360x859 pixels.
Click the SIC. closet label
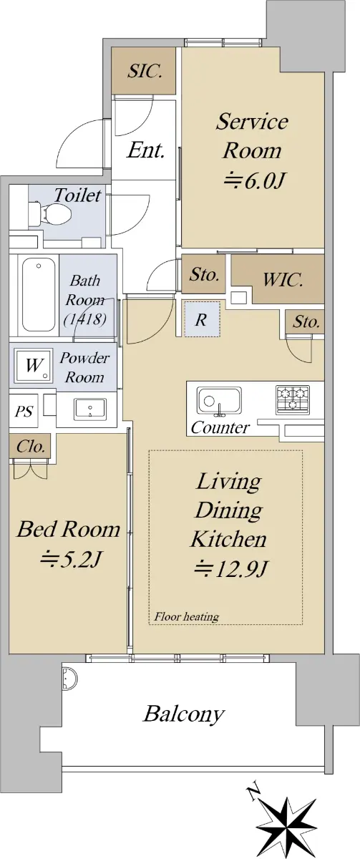145,71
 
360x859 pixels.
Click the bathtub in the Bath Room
39,295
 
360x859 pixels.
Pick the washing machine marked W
34,366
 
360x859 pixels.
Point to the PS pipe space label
24,412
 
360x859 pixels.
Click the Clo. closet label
31,447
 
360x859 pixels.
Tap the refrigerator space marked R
202,319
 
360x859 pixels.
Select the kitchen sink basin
219,400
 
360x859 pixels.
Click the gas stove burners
293,399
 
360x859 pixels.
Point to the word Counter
220,427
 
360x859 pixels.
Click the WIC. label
283,280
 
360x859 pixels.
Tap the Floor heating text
186,616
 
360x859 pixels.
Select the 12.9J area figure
231,568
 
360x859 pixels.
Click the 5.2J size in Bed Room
71,559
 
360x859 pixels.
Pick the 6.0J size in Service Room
253,180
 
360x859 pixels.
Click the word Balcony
183,714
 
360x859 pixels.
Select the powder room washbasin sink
90,409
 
